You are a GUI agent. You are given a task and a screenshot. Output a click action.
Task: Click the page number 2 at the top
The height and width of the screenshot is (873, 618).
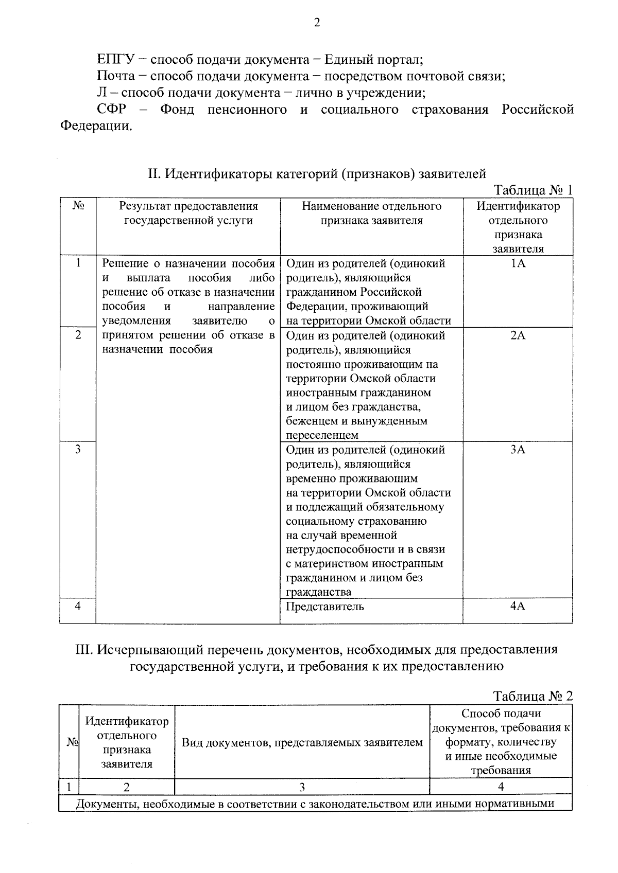[317, 23]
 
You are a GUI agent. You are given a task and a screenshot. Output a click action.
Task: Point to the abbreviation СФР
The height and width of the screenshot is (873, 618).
[112, 110]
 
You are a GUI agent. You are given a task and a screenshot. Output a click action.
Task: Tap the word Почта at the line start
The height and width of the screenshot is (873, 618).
[116, 76]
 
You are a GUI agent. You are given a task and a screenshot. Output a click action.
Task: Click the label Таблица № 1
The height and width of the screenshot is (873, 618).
[533, 190]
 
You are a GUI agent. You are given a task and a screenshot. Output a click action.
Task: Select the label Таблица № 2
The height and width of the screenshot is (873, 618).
[533, 696]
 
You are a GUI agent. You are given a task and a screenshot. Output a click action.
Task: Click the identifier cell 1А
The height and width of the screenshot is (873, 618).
[518, 263]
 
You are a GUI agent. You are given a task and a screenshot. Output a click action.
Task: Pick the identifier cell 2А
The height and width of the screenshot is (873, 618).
[518, 335]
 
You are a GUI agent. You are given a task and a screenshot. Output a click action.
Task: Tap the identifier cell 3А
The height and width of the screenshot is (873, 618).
[518, 450]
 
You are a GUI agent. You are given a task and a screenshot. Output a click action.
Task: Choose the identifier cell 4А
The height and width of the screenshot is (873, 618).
[518, 606]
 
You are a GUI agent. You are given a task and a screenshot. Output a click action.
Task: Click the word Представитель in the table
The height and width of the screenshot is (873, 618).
[325, 606]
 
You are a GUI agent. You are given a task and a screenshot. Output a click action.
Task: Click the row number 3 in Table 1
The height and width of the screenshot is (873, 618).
[78, 449]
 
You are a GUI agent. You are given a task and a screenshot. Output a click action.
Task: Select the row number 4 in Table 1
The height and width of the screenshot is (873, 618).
[78, 606]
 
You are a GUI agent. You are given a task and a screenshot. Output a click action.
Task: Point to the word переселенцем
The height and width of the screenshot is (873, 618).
[322, 435]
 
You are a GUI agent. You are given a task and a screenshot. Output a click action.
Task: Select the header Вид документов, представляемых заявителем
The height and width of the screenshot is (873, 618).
[302, 742]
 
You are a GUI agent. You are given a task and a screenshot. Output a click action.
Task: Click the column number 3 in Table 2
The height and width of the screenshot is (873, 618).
[302, 787]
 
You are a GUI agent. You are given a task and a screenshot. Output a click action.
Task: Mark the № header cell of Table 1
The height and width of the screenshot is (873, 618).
[78, 206]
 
